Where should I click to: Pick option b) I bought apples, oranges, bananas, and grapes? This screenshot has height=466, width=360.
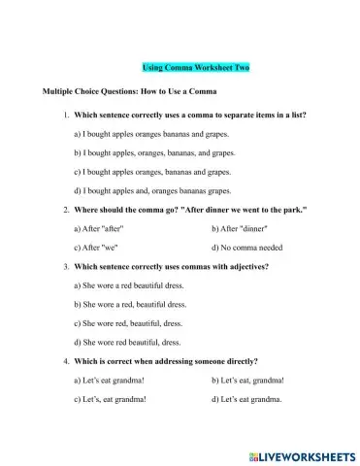click(x=153, y=152)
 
